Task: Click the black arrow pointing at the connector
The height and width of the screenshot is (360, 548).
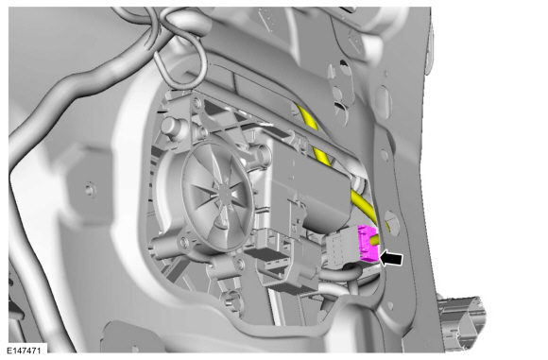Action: (x=391, y=259)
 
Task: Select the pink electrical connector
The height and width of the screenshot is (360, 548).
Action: (x=367, y=243)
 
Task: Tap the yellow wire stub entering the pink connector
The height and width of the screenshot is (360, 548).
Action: (x=376, y=240)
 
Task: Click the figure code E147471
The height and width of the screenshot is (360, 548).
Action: (x=24, y=351)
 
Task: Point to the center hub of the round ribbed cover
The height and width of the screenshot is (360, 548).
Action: (x=224, y=191)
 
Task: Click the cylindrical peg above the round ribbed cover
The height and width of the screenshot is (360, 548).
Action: (x=172, y=126)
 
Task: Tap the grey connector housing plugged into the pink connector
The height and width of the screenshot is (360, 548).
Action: (x=341, y=249)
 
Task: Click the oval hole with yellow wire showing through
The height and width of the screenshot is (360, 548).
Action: (x=391, y=222)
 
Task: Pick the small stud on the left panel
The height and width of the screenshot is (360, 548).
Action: (x=90, y=189)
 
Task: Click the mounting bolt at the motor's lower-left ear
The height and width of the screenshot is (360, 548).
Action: (x=183, y=242)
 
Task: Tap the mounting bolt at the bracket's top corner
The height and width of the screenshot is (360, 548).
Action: (x=197, y=102)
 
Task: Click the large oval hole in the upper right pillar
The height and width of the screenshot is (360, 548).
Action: (x=383, y=97)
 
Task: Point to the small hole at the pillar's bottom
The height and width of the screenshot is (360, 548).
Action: (x=390, y=306)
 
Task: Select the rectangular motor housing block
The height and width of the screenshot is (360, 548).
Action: (x=308, y=181)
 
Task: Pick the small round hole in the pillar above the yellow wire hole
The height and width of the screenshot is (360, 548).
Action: (x=385, y=155)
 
